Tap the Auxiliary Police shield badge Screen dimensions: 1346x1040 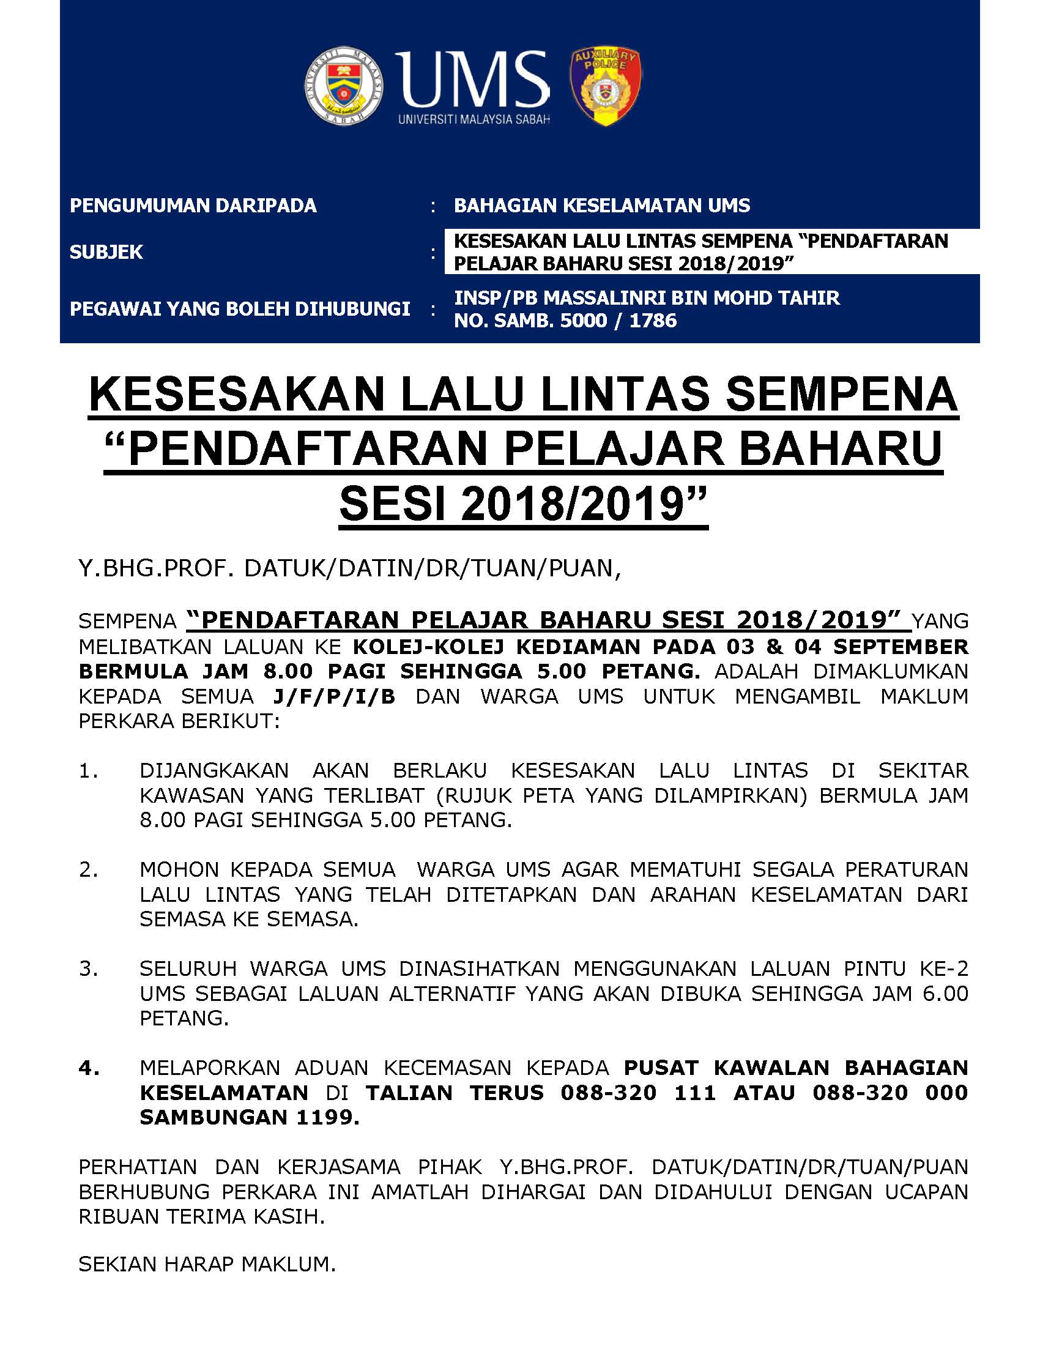(x=605, y=86)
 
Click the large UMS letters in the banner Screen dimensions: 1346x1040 (x=471, y=79)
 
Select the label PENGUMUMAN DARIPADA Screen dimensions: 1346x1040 (x=193, y=205)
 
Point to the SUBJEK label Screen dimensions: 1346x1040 (x=106, y=252)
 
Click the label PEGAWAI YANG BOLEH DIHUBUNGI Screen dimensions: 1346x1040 (x=240, y=309)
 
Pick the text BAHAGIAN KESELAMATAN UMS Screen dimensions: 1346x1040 (x=601, y=205)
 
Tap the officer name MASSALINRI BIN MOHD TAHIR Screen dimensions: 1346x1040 (x=691, y=298)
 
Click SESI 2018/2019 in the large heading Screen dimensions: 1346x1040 (x=522, y=504)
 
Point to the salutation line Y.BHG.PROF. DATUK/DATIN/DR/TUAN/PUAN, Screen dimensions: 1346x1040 (x=349, y=568)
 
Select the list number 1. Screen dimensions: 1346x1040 (x=88, y=770)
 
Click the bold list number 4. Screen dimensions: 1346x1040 (x=89, y=1068)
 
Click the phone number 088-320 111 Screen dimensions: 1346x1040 (x=638, y=1093)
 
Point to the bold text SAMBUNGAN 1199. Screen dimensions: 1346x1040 (x=250, y=1117)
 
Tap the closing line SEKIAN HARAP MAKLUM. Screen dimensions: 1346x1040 (x=207, y=1264)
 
